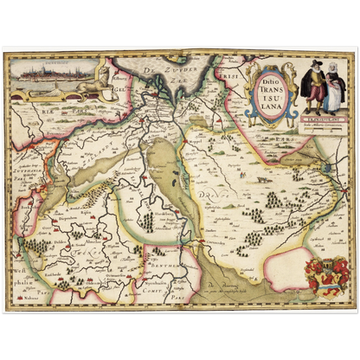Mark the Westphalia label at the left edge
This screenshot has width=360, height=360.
click(x=18, y=260)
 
